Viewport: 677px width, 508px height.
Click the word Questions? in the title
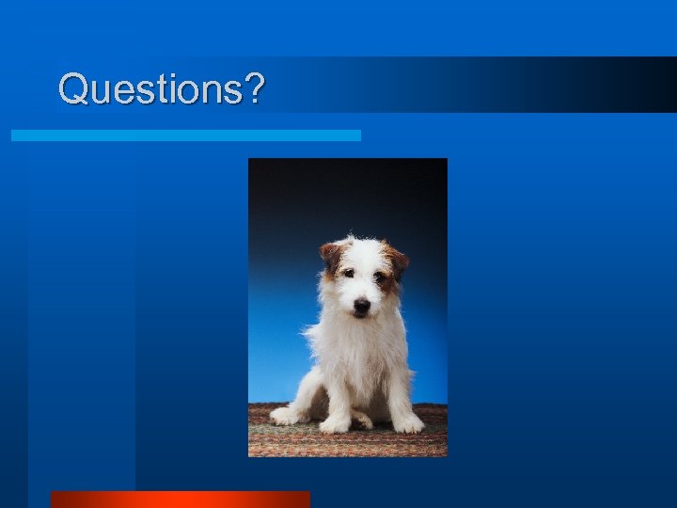161,89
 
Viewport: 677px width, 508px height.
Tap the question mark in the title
253,89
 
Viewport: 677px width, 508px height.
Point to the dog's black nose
361,305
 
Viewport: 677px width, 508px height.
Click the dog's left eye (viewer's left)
348,274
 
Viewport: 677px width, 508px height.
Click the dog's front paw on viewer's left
335,424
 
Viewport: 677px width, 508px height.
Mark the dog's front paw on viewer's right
407,424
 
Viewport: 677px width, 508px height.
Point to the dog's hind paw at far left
286,415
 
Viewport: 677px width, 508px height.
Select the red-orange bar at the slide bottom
180,500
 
